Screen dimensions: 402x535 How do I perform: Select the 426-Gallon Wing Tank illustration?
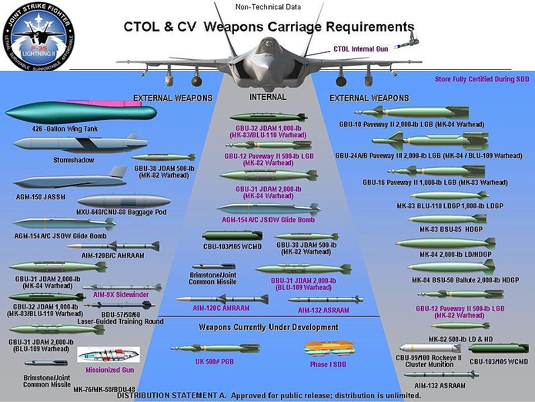click(79, 113)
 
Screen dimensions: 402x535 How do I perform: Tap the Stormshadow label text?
click(75, 160)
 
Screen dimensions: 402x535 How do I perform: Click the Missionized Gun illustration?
click(108, 355)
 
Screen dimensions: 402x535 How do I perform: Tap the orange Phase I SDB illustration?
click(327, 348)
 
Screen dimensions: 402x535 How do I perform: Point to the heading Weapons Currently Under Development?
click(268, 327)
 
